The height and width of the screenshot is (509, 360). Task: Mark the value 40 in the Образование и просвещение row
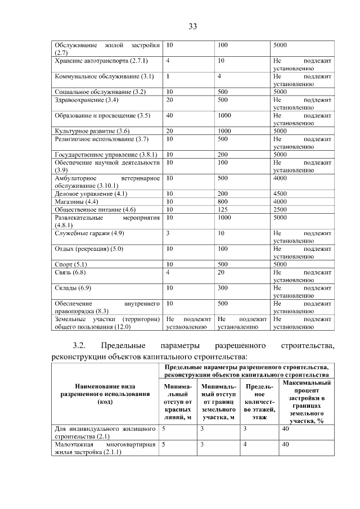coord(170,116)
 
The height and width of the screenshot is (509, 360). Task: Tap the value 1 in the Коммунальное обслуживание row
coord(168,76)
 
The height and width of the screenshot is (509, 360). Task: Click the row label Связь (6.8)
coord(70,272)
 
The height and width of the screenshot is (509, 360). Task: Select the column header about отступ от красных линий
coord(178,402)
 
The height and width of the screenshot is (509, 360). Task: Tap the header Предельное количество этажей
coord(259,402)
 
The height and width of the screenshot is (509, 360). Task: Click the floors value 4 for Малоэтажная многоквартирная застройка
coord(245,444)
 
